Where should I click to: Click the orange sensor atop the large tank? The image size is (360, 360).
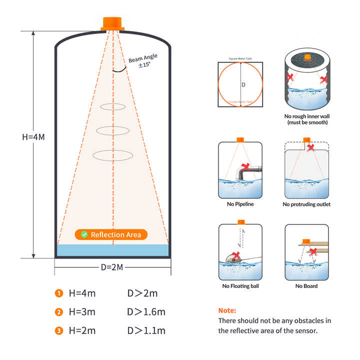click(113, 23)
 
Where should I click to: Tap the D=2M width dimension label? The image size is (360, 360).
click(112, 267)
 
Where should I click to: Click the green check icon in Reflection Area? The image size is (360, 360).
click(84, 234)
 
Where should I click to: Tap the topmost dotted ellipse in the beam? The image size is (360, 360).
click(113, 106)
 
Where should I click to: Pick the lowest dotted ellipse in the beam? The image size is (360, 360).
click(113, 155)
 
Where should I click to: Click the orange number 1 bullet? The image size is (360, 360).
click(59, 293)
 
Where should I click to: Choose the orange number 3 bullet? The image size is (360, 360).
click(59, 330)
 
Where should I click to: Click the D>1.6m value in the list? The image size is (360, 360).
click(146, 312)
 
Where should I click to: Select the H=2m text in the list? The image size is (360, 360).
click(82, 330)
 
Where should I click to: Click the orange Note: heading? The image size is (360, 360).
click(227, 310)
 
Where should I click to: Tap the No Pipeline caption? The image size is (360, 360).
click(240, 204)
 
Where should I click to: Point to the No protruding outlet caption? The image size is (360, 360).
click(306, 204)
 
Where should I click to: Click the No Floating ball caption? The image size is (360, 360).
click(240, 286)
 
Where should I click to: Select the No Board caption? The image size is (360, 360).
click(306, 286)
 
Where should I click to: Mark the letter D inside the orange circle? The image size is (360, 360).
click(243, 85)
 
